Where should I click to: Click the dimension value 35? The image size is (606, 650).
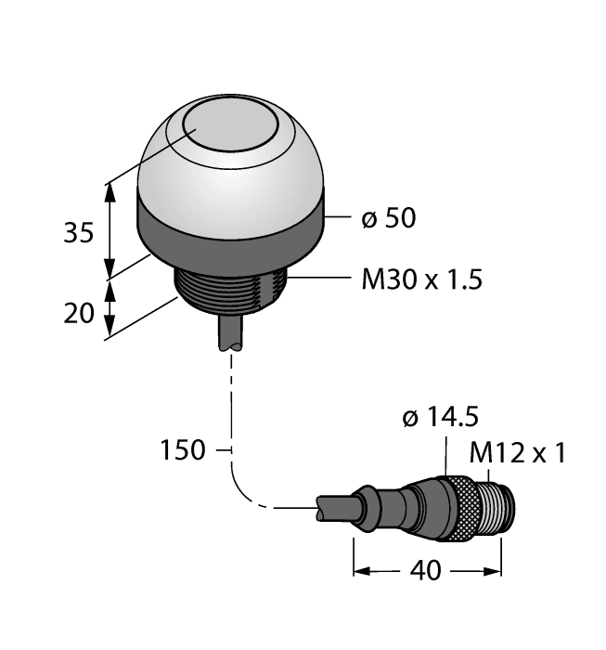click(x=78, y=232)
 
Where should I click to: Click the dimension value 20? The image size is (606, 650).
click(x=79, y=313)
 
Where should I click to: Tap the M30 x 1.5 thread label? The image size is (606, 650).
click(x=421, y=279)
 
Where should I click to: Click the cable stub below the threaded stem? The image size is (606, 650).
click(x=231, y=334)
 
